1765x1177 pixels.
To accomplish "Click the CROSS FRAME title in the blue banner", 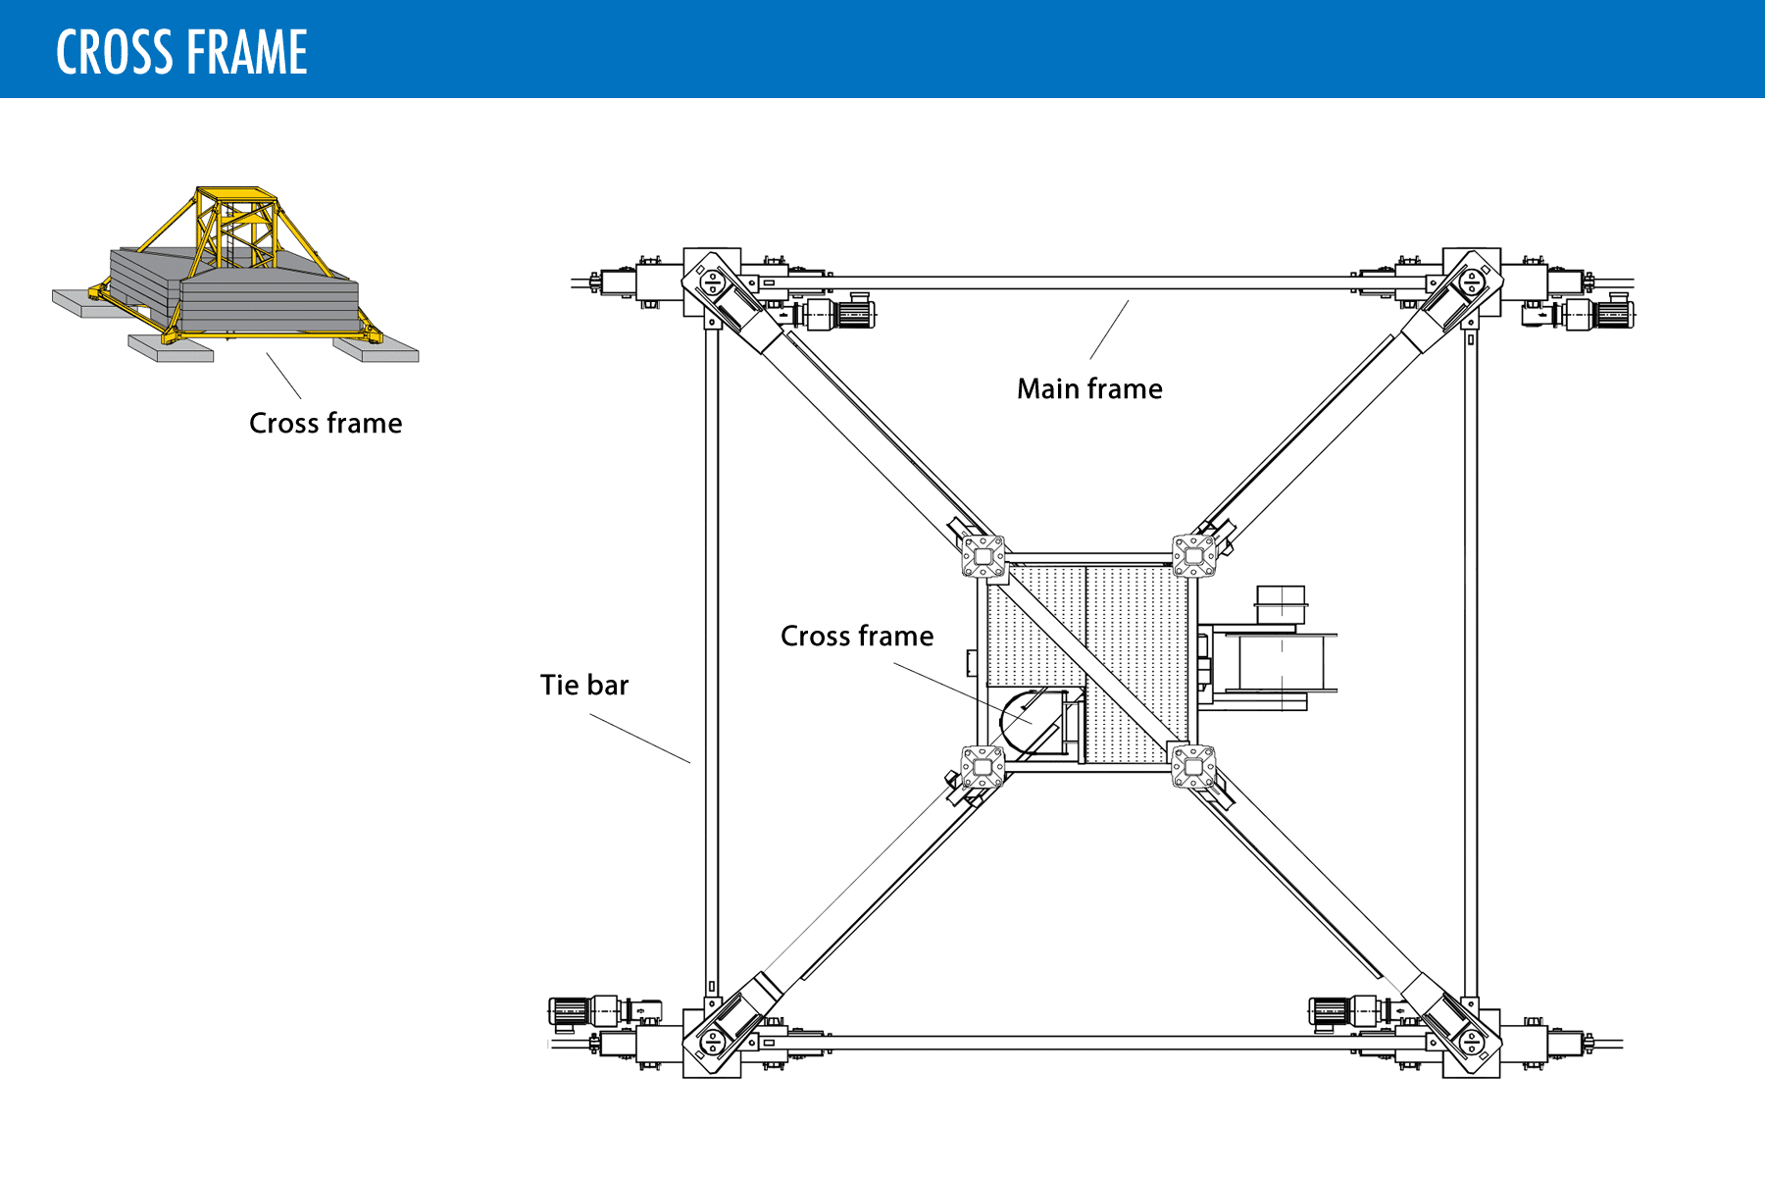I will pyautogui.click(x=181, y=52).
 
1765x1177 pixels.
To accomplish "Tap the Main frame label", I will pyautogui.click(x=1089, y=389).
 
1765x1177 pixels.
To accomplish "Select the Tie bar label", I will pyautogui.click(x=583, y=686).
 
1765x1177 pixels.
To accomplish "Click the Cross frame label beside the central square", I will pyautogui.click(x=857, y=637).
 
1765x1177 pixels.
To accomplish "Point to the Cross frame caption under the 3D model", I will pyautogui.click(x=326, y=424).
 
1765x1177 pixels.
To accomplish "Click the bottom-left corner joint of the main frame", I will pyautogui.click(x=712, y=1044).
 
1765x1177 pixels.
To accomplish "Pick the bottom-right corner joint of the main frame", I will pyautogui.click(x=1471, y=1044).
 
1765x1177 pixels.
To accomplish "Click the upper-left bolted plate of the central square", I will pyautogui.click(x=983, y=556).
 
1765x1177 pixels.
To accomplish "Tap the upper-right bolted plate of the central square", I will pyautogui.click(x=1194, y=556).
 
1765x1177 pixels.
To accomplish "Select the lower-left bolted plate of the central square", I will pyautogui.click(x=983, y=767).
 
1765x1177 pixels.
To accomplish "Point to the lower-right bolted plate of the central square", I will pyautogui.click(x=1194, y=767).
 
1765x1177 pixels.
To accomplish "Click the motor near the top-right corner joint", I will pyautogui.click(x=1598, y=314).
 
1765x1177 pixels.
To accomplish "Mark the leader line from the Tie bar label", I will pyautogui.click(x=639, y=738).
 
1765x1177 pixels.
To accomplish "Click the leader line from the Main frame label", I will pyautogui.click(x=1109, y=330).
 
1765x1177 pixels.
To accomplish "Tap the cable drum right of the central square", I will pyautogui.click(x=1281, y=661).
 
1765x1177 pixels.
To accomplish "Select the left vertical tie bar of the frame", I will pyautogui.click(x=712, y=657).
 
